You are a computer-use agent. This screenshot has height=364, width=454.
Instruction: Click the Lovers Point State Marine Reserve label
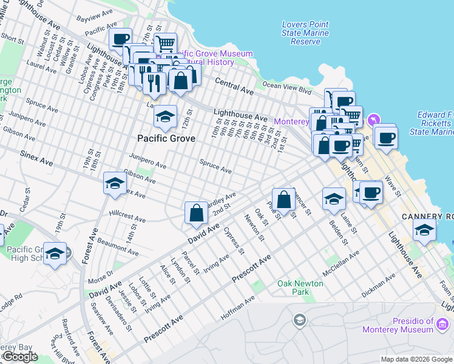305,33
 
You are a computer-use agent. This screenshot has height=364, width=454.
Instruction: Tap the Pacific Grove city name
166,138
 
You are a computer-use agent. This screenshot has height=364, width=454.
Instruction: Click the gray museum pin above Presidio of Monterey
299,319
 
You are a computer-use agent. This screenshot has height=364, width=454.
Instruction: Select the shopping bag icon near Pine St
283,199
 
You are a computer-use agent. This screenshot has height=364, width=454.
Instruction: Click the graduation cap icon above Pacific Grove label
165,116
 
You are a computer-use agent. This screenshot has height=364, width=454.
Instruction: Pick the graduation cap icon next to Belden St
334,198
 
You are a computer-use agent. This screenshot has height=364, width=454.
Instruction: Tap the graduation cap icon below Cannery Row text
424,230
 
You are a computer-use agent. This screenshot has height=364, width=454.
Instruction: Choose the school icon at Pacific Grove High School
55,254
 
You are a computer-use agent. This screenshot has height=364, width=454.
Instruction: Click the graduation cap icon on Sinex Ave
115,184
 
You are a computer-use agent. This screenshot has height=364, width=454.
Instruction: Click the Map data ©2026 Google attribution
416,359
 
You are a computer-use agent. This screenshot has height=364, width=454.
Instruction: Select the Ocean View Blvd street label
286,86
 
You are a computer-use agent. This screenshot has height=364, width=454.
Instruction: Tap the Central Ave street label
234,86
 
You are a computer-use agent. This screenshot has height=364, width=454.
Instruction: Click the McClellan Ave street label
341,263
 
